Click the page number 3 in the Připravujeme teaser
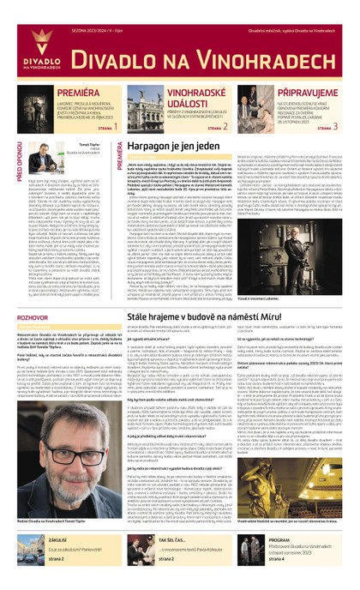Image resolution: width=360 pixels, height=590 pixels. click(346, 126)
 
